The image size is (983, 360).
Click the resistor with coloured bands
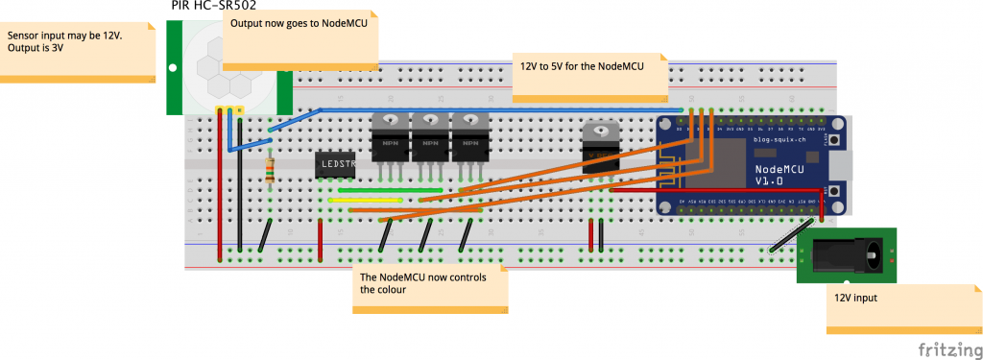coord(271,171)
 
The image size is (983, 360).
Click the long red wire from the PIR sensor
coord(220,182)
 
